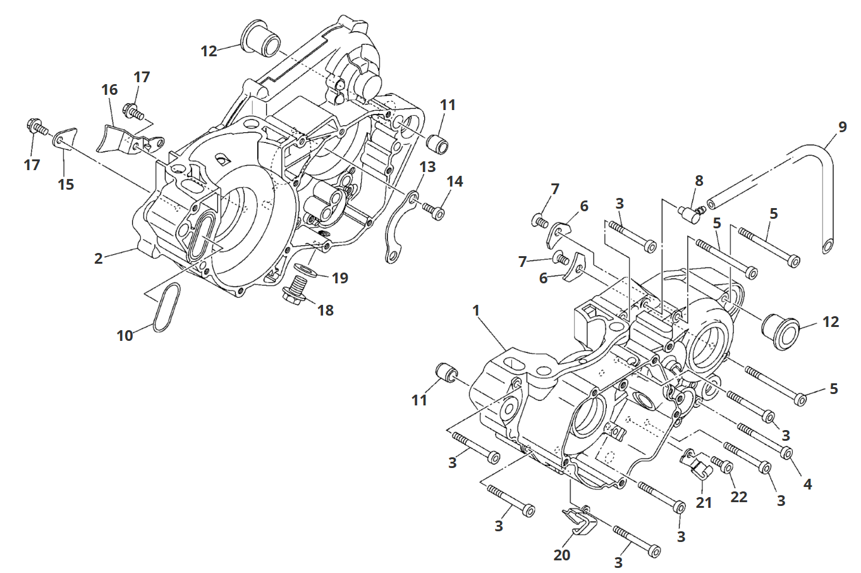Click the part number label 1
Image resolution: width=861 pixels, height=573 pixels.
[476, 311]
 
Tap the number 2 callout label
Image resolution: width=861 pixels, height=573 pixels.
[99, 258]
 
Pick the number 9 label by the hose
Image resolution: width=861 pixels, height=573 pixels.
[842, 126]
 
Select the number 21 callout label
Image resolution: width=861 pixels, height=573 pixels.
[704, 503]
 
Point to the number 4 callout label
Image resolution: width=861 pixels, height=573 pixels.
[807, 484]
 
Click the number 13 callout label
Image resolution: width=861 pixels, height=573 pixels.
[428, 167]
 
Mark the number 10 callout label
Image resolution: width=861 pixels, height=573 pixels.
[125, 335]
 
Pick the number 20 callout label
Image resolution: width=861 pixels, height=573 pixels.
[561, 555]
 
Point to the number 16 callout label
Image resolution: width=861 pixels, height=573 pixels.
[110, 90]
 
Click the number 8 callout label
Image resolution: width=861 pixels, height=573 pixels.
[699, 181]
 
